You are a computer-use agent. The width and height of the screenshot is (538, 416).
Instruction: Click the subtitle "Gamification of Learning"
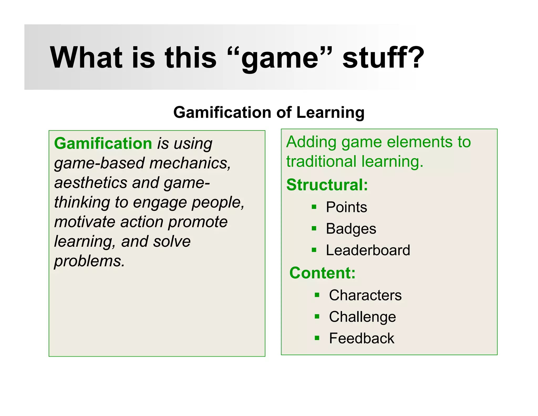pos(269,113)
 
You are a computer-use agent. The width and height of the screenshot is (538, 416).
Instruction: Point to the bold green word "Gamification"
pos(103,144)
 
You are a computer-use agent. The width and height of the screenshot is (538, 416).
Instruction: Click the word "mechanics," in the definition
pos(190,163)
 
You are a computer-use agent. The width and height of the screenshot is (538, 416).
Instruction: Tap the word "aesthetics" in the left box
pos(90,182)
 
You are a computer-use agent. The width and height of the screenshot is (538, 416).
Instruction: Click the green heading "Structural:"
pos(327,185)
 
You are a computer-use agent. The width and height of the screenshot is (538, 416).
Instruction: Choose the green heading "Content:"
pos(322,273)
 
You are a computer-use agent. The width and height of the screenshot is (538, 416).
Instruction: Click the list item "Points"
pos(346,207)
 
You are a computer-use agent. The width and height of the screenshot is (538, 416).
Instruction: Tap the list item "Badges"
pos(351,229)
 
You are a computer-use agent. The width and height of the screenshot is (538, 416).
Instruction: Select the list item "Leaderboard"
pos(368,250)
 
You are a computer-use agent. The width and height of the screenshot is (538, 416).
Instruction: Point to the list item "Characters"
pos(365,295)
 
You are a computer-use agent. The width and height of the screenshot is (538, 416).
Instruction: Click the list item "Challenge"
pos(362,317)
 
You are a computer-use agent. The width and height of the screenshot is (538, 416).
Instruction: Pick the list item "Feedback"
pos(361,338)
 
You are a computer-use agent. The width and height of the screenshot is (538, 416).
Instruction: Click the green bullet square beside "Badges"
pos(314,228)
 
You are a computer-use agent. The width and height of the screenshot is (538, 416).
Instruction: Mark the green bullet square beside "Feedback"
pos(317,338)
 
